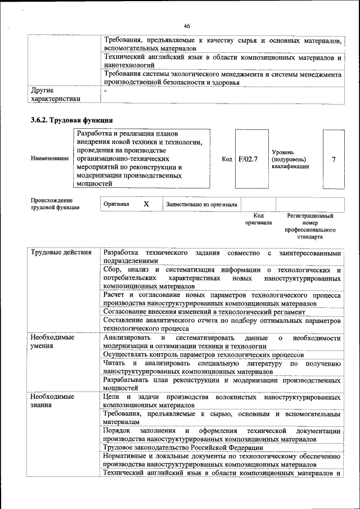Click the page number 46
click(x=187, y=25)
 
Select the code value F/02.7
click(x=247, y=159)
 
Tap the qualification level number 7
click(x=334, y=159)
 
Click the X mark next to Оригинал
click(x=146, y=204)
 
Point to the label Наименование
click(x=49, y=159)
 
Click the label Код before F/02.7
click(x=227, y=159)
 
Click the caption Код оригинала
click(x=258, y=219)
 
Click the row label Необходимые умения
click(x=52, y=341)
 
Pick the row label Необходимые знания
click(x=52, y=401)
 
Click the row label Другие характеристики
click(x=55, y=94)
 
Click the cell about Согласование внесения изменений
click(x=204, y=312)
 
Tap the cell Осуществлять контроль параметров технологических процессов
click(x=204, y=355)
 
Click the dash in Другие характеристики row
click(x=105, y=90)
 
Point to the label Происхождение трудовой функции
click(x=55, y=204)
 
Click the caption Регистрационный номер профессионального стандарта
click(x=310, y=227)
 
